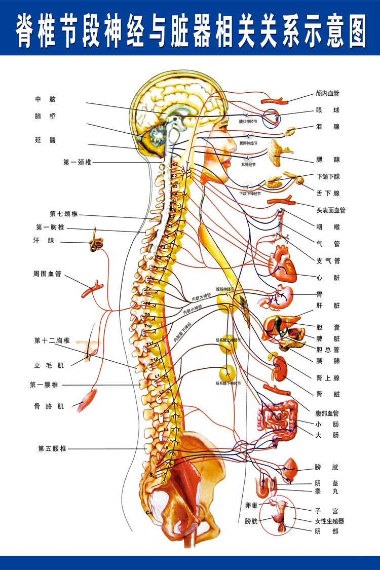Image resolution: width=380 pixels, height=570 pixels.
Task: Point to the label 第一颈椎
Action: pos(78,162)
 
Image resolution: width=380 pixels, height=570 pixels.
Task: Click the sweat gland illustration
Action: pos(95,244)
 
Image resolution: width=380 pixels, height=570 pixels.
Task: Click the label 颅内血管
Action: pos(327,93)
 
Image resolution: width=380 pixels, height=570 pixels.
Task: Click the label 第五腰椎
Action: pos(52,448)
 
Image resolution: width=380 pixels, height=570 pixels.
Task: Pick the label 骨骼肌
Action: pos(47,406)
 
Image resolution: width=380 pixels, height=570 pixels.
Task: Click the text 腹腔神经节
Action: pos(225,289)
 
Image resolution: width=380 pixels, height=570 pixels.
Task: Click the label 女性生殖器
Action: pos(330,521)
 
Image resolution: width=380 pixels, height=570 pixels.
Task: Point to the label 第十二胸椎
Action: pos(52,340)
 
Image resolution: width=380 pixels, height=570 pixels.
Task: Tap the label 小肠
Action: pos(327,424)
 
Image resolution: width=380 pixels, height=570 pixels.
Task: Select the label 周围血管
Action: pos(47,274)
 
